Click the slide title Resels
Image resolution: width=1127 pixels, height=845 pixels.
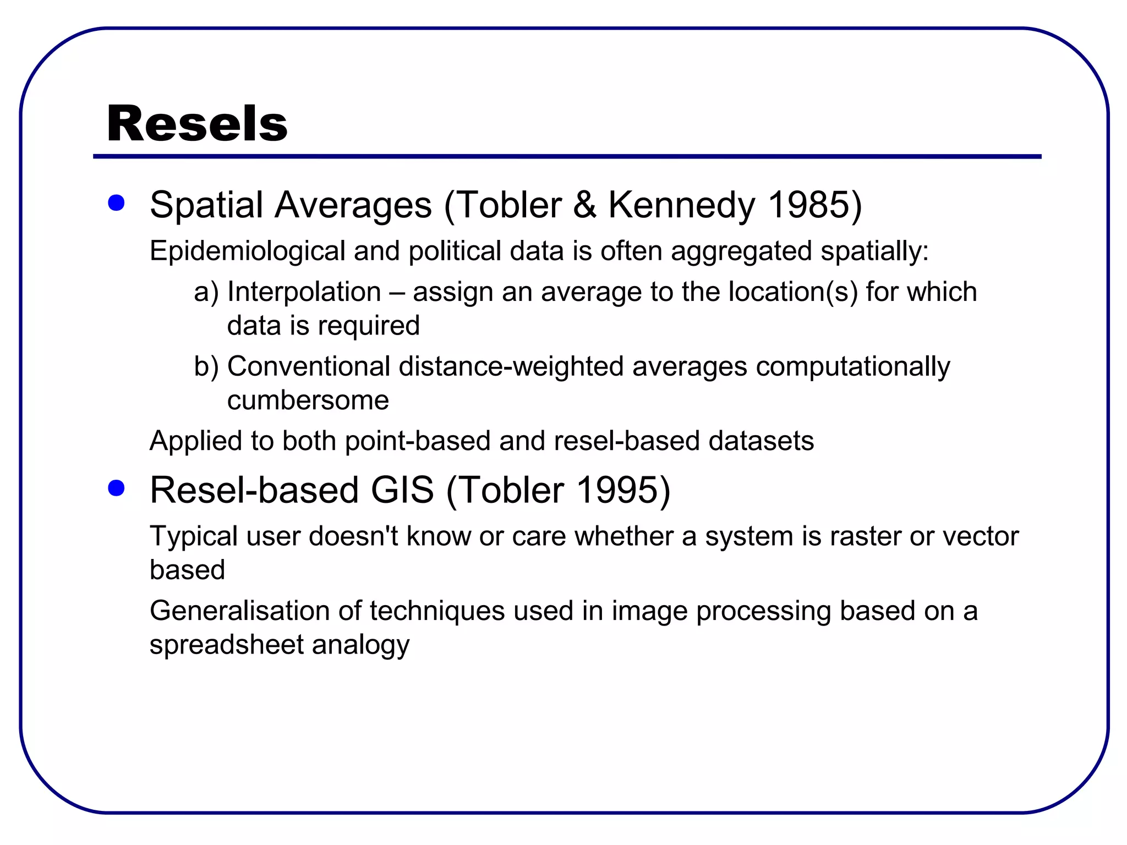pyautogui.click(x=197, y=124)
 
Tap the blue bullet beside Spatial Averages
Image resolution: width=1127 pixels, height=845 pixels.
pyautogui.click(x=116, y=203)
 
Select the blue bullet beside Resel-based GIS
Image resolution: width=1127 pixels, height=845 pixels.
pyautogui.click(x=116, y=488)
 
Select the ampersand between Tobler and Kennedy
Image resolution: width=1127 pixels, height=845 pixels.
pyautogui.click(x=584, y=205)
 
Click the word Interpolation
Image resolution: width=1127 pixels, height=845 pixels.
pyautogui.click(x=304, y=292)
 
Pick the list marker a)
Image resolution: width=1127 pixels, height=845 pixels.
pyautogui.click(x=206, y=292)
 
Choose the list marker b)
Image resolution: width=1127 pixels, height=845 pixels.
pyautogui.click(x=206, y=366)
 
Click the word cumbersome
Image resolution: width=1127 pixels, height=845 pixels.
pyautogui.click(x=308, y=400)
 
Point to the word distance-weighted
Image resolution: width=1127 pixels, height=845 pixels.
pyautogui.click(x=511, y=366)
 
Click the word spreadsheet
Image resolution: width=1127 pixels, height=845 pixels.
pyautogui.click(x=226, y=645)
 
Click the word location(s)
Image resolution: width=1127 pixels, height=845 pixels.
pyautogui.click(x=793, y=292)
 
